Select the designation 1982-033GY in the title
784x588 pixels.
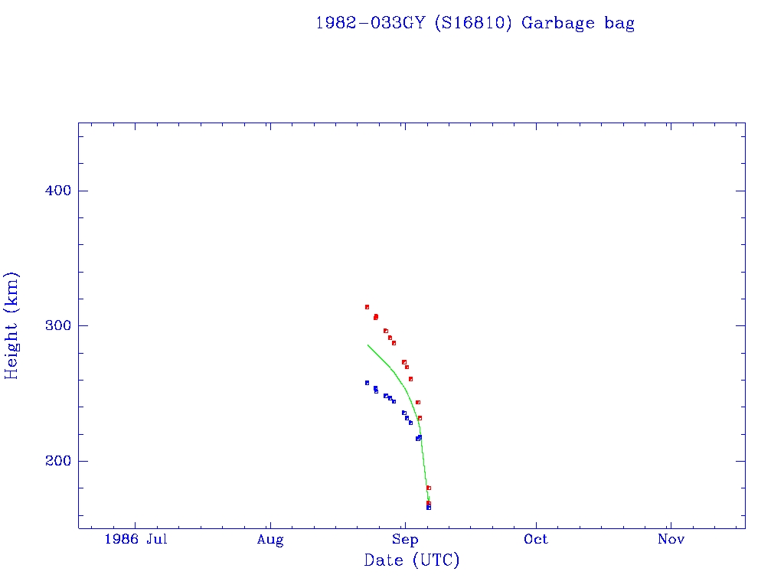click(x=371, y=24)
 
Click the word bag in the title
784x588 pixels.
click(x=619, y=24)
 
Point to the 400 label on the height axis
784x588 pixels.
click(x=54, y=191)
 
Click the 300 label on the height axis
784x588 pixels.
click(x=54, y=325)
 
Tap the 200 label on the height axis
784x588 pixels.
click(x=54, y=461)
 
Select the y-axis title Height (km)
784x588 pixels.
click(x=12, y=325)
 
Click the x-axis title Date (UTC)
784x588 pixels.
click(x=412, y=561)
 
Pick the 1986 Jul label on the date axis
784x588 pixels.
click(x=136, y=540)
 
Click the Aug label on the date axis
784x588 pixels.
click(x=270, y=540)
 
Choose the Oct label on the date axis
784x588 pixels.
click(x=536, y=540)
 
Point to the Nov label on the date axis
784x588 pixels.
click(x=671, y=540)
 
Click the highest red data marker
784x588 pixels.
click(x=367, y=307)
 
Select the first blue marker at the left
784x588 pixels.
click(x=367, y=383)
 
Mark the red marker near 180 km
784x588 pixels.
click(x=429, y=488)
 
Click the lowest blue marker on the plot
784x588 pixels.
click(x=429, y=508)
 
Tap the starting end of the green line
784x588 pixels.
click(x=368, y=345)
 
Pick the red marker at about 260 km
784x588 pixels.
click(x=410, y=379)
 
